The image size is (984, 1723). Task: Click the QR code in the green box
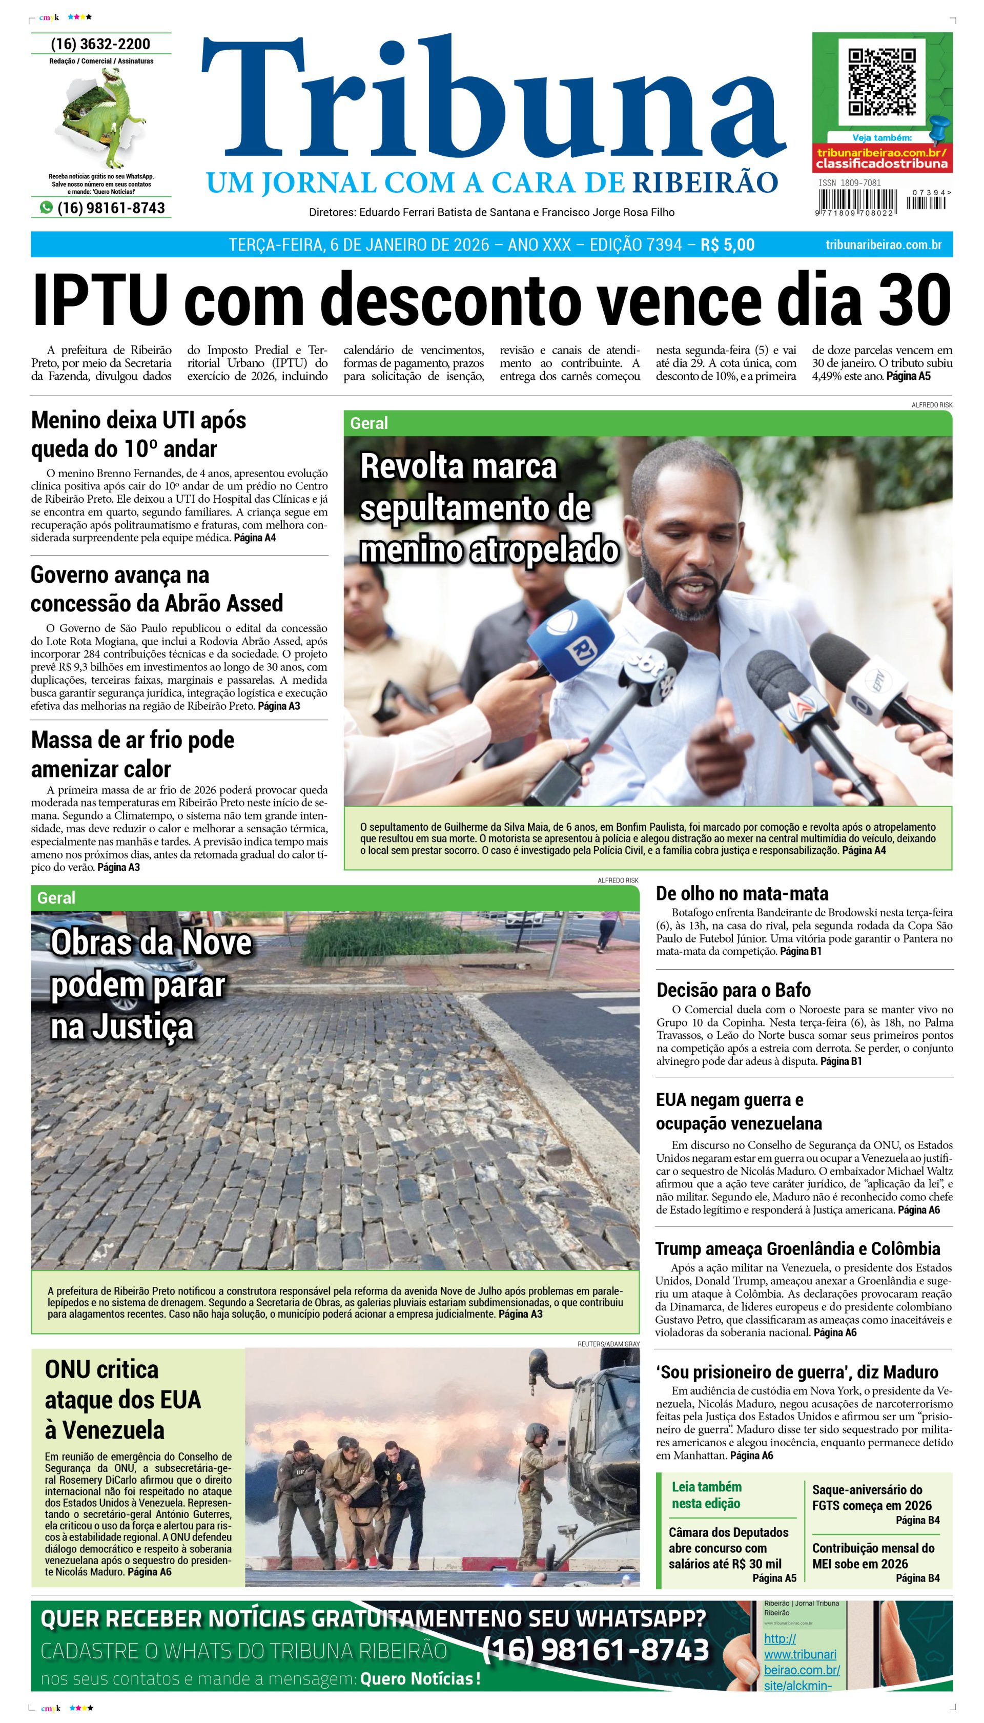click(x=882, y=82)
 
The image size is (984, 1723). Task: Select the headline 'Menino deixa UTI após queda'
click(x=138, y=434)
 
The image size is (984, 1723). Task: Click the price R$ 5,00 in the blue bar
click(x=727, y=244)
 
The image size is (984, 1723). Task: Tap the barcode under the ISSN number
click(x=856, y=202)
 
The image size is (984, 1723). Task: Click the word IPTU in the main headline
click(x=100, y=299)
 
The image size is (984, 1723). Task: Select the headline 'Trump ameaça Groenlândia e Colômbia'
click(x=797, y=1248)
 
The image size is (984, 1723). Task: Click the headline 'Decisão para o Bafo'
click(x=733, y=990)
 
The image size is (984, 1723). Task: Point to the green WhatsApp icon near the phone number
click(x=46, y=208)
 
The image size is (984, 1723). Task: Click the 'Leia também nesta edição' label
click(x=706, y=1495)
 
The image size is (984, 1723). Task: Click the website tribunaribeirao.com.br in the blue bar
click(x=884, y=244)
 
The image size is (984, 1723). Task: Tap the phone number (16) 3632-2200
click(x=100, y=44)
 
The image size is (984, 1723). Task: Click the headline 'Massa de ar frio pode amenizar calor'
click(x=132, y=754)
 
